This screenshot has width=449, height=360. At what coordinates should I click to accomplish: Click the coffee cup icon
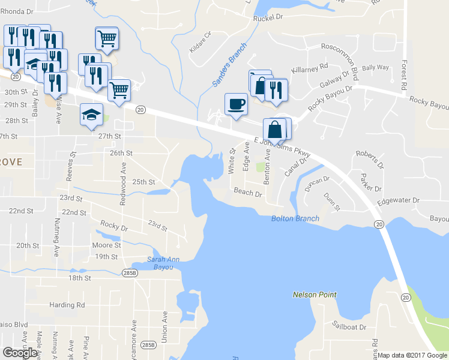[236, 104]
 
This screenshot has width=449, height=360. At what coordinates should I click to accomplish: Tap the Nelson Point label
[315, 295]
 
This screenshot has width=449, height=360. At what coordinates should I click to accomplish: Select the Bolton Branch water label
[295, 218]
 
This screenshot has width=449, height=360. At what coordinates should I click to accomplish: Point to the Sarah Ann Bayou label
[160, 263]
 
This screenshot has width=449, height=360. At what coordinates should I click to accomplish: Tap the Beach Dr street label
[249, 193]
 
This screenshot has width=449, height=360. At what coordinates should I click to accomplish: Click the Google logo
[20, 352]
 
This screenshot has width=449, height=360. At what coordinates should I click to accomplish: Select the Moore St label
[107, 245]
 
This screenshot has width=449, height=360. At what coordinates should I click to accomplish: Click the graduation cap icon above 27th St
[91, 115]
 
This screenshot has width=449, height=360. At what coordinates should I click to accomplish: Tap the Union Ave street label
[164, 323]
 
